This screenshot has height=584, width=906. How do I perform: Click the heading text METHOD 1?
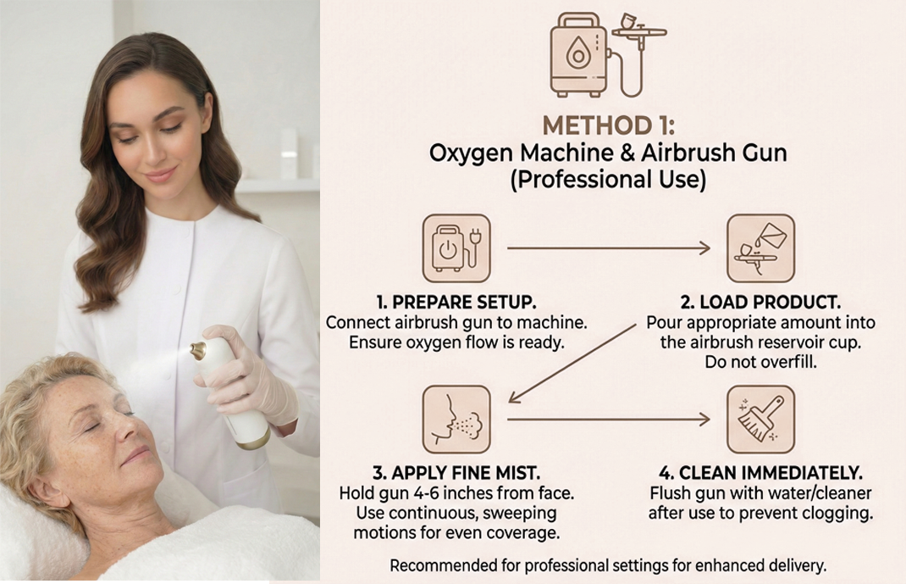(609, 125)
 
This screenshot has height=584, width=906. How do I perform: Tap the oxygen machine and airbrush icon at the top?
(608, 54)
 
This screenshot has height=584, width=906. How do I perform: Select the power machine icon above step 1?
(456, 248)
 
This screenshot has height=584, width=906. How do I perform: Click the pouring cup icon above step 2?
(760, 248)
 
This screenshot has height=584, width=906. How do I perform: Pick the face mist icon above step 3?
(456, 420)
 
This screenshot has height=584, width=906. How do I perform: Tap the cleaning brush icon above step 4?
(760, 420)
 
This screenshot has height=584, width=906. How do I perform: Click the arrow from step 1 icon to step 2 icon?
(609, 248)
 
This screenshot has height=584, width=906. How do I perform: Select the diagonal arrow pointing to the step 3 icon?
(572, 363)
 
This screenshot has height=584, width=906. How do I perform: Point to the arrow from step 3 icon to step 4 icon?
(609, 420)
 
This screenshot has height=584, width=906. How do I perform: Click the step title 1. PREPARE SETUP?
(456, 302)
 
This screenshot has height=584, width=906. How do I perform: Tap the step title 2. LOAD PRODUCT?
(760, 302)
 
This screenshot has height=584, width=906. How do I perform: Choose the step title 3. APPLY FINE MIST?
(456, 473)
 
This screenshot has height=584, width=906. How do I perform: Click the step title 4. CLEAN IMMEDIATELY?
(760, 473)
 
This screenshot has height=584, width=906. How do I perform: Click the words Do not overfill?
(760, 362)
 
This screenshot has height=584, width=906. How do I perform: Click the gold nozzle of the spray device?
(199, 349)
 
